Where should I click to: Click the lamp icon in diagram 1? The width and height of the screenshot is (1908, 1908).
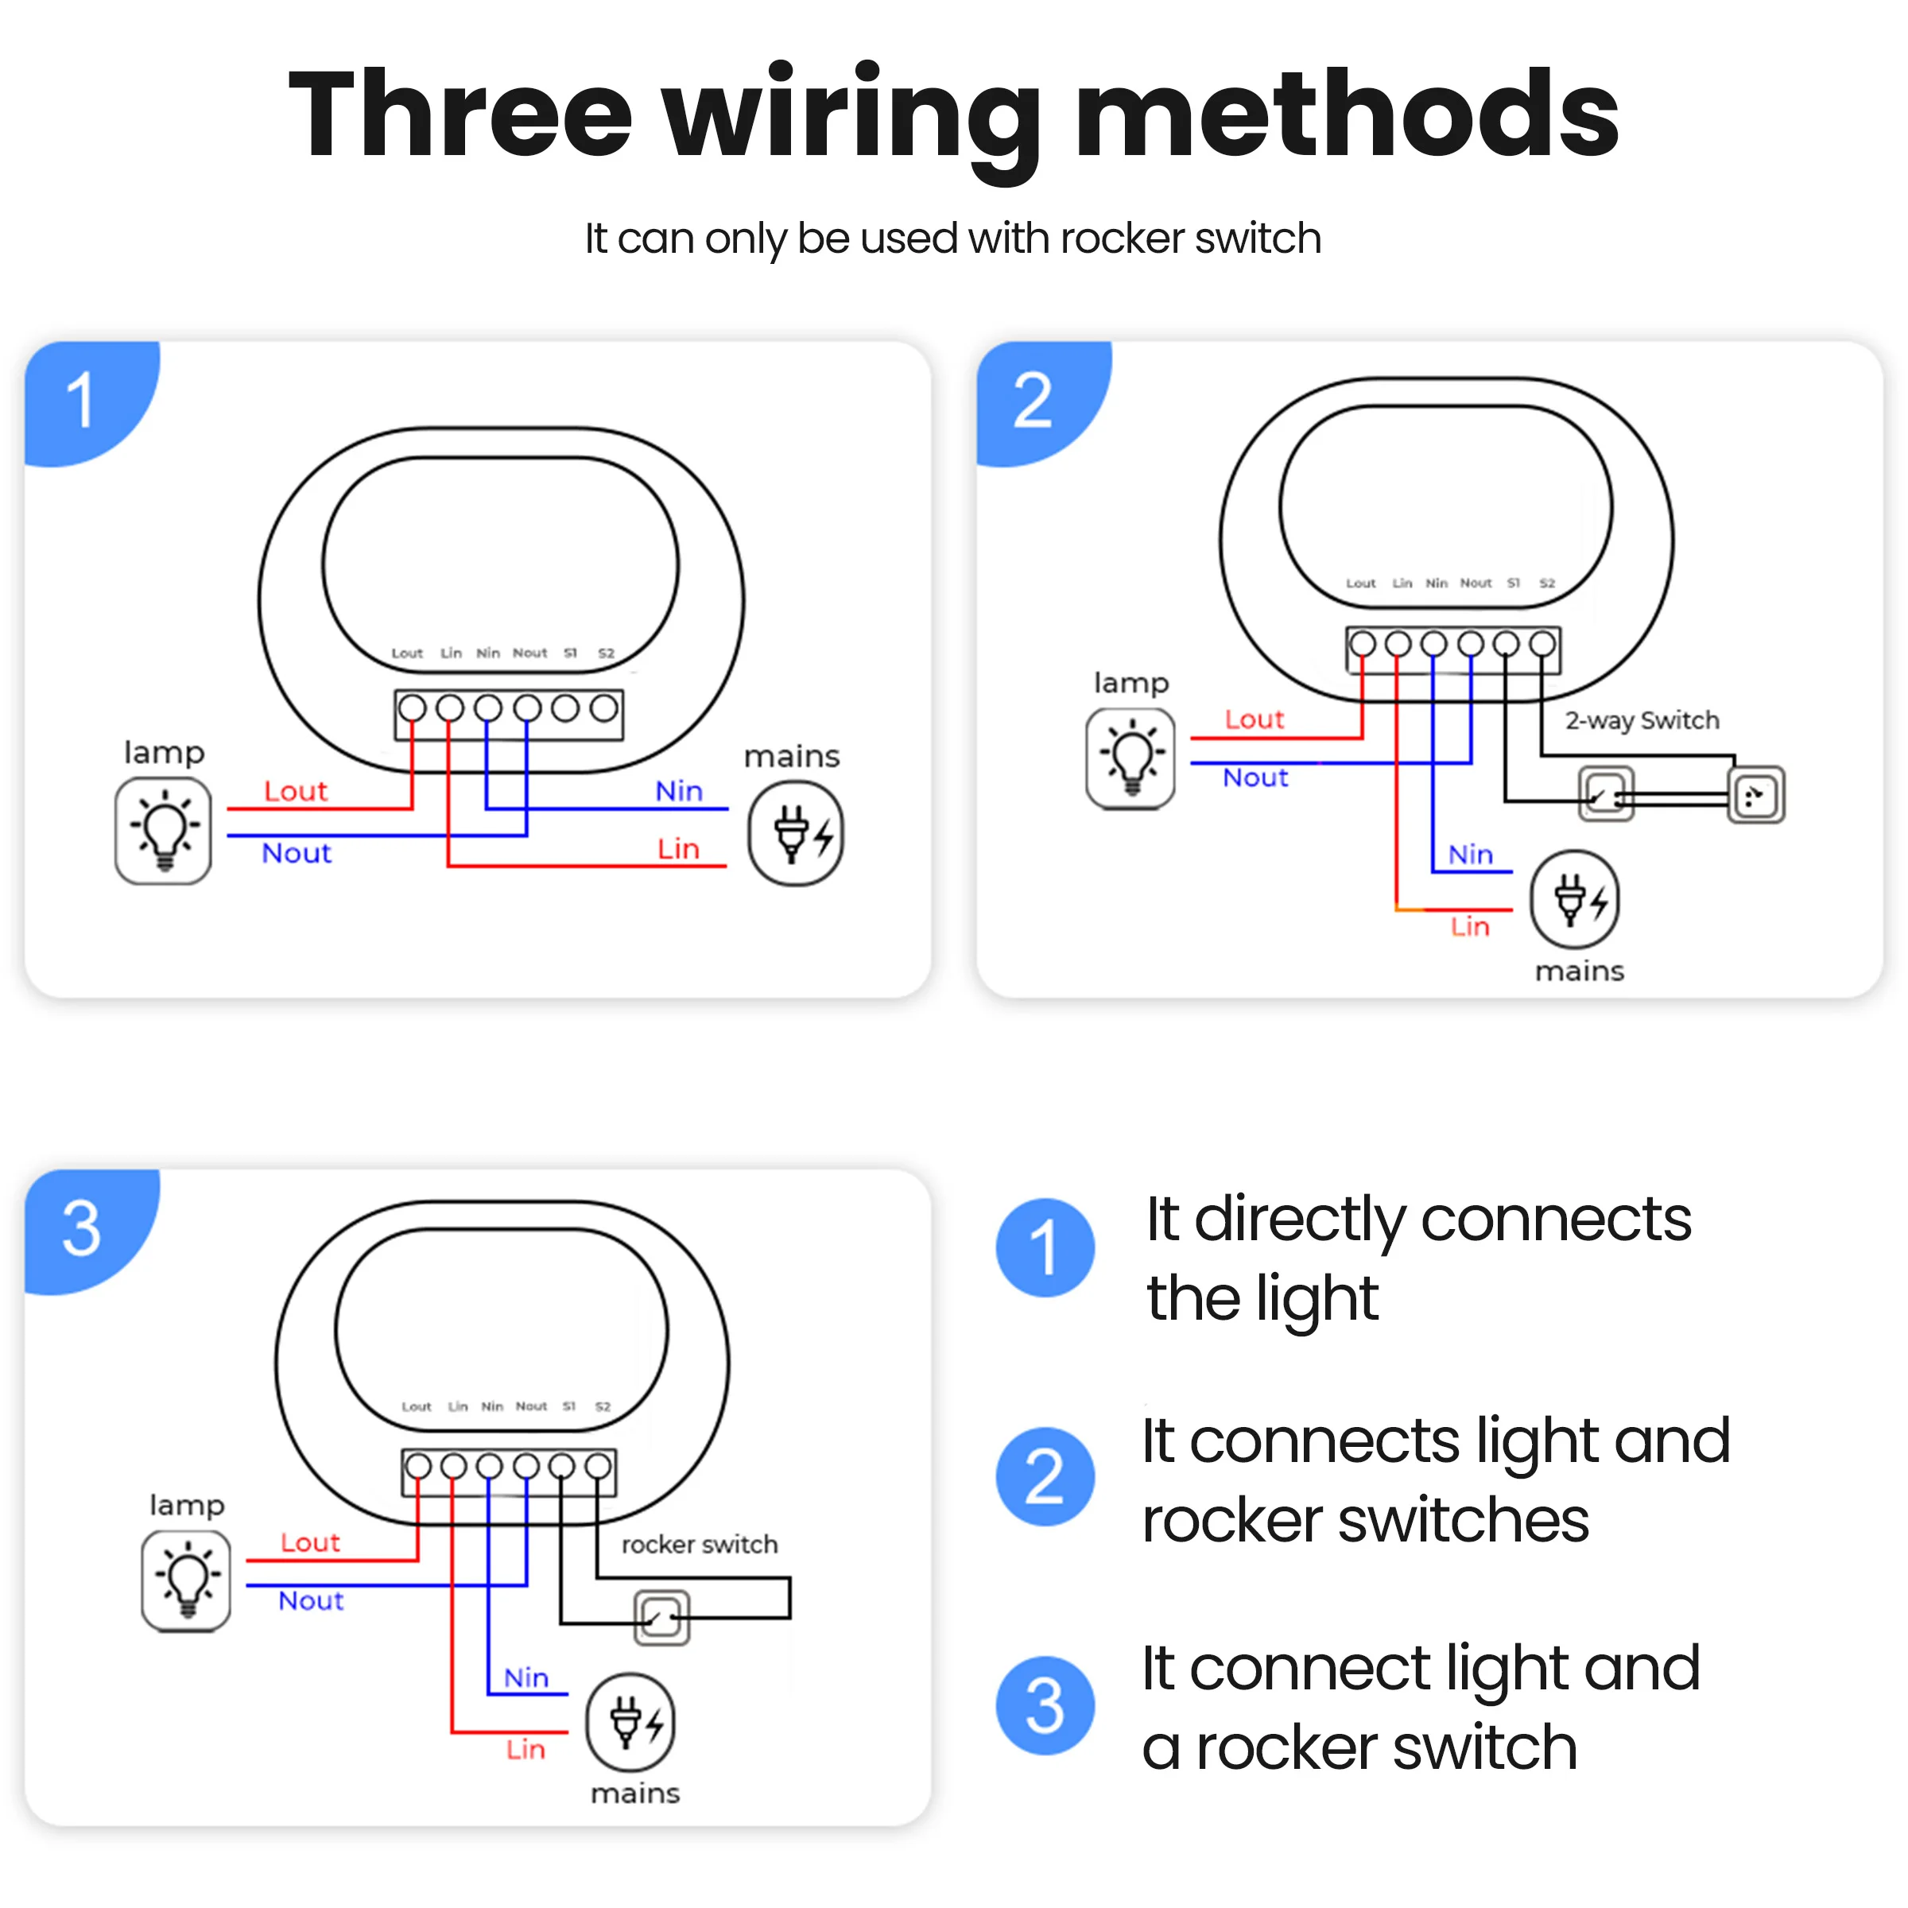(163, 831)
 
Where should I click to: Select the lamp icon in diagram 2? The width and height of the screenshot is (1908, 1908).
(1130, 758)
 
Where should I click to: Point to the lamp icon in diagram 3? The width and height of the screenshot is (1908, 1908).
(186, 1580)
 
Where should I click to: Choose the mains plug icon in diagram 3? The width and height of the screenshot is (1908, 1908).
(630, 1722)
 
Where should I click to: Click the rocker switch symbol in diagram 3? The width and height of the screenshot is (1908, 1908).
(661, 1618)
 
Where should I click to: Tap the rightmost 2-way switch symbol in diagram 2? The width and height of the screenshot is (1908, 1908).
(1756, 795)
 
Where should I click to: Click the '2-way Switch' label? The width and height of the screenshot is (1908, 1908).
(1642, 720)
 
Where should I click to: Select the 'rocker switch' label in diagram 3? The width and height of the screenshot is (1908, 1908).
(700, 1544)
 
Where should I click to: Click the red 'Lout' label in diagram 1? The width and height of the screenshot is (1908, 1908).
(295, 791)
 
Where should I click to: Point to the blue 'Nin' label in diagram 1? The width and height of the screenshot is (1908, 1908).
(678, 791)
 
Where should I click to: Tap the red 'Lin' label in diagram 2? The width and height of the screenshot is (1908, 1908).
(1469, 926)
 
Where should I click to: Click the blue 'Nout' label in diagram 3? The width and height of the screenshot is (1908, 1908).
(311, 1600)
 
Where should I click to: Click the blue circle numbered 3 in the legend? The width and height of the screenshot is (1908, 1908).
(1045, 1705)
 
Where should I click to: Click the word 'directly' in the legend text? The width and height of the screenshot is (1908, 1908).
(1300, 1220)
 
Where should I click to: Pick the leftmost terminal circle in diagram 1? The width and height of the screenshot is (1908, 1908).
(412, 708)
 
